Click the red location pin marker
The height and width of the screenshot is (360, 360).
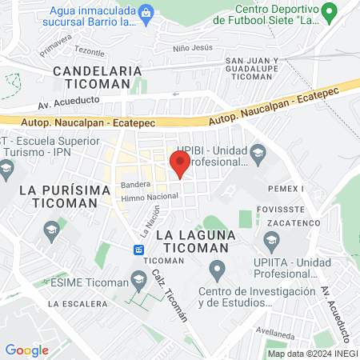[180, 164]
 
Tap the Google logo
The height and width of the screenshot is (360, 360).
[27, 350]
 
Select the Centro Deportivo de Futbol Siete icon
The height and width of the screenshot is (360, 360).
[328, 13]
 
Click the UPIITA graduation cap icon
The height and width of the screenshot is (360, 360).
[272, 239]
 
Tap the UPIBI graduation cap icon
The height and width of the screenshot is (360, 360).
[258, 152]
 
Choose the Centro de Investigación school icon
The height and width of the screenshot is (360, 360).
[216, 269]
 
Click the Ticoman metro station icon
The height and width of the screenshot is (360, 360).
[139, 250]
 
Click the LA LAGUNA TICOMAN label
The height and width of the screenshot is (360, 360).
[197, 242]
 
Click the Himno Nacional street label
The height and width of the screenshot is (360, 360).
[150, 197]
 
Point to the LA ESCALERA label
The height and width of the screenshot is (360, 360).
[78, 304]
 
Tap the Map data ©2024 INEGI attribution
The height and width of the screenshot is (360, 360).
[312, 353]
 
